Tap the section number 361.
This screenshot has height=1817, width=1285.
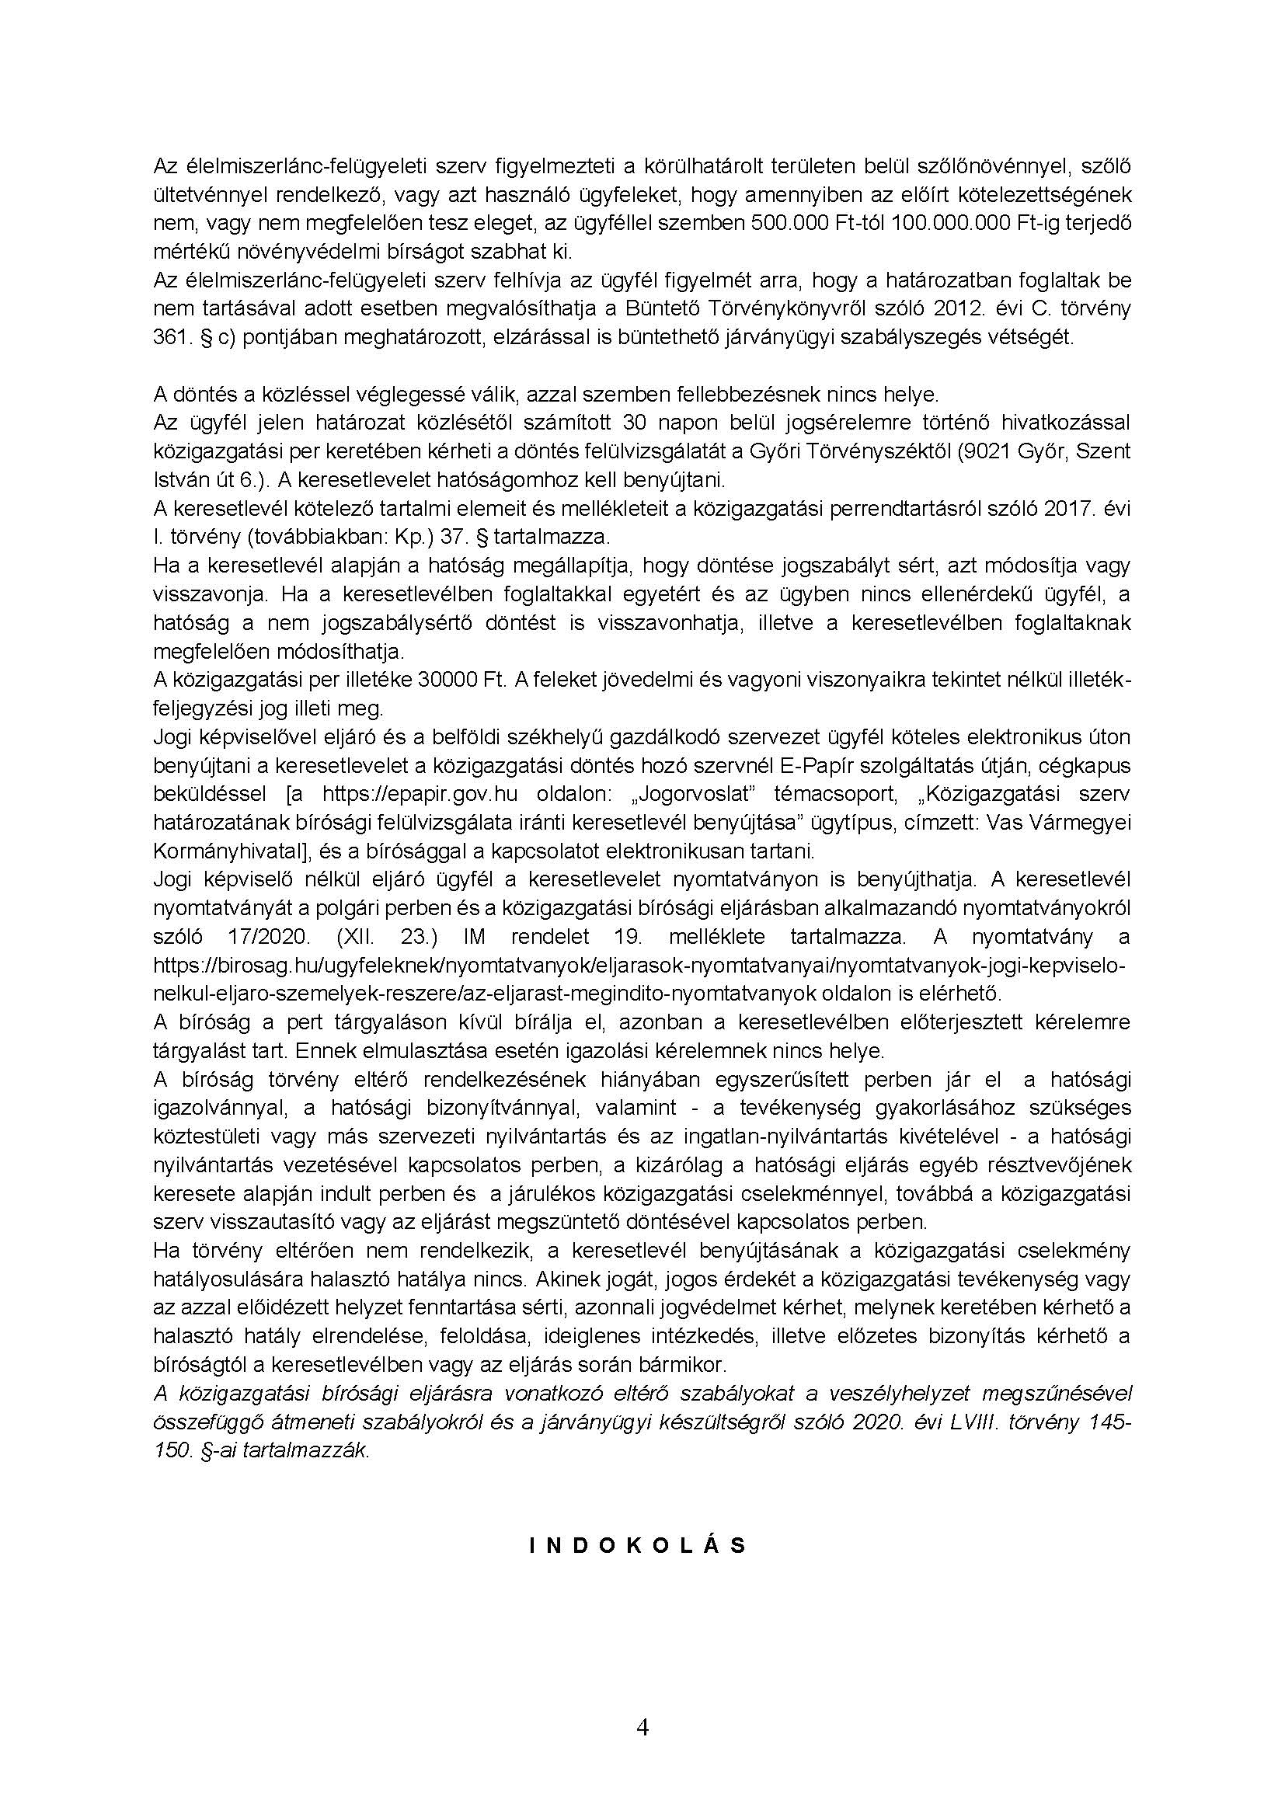click(x=168, y=338)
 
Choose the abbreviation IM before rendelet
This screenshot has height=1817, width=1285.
click(x=474, y=937)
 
